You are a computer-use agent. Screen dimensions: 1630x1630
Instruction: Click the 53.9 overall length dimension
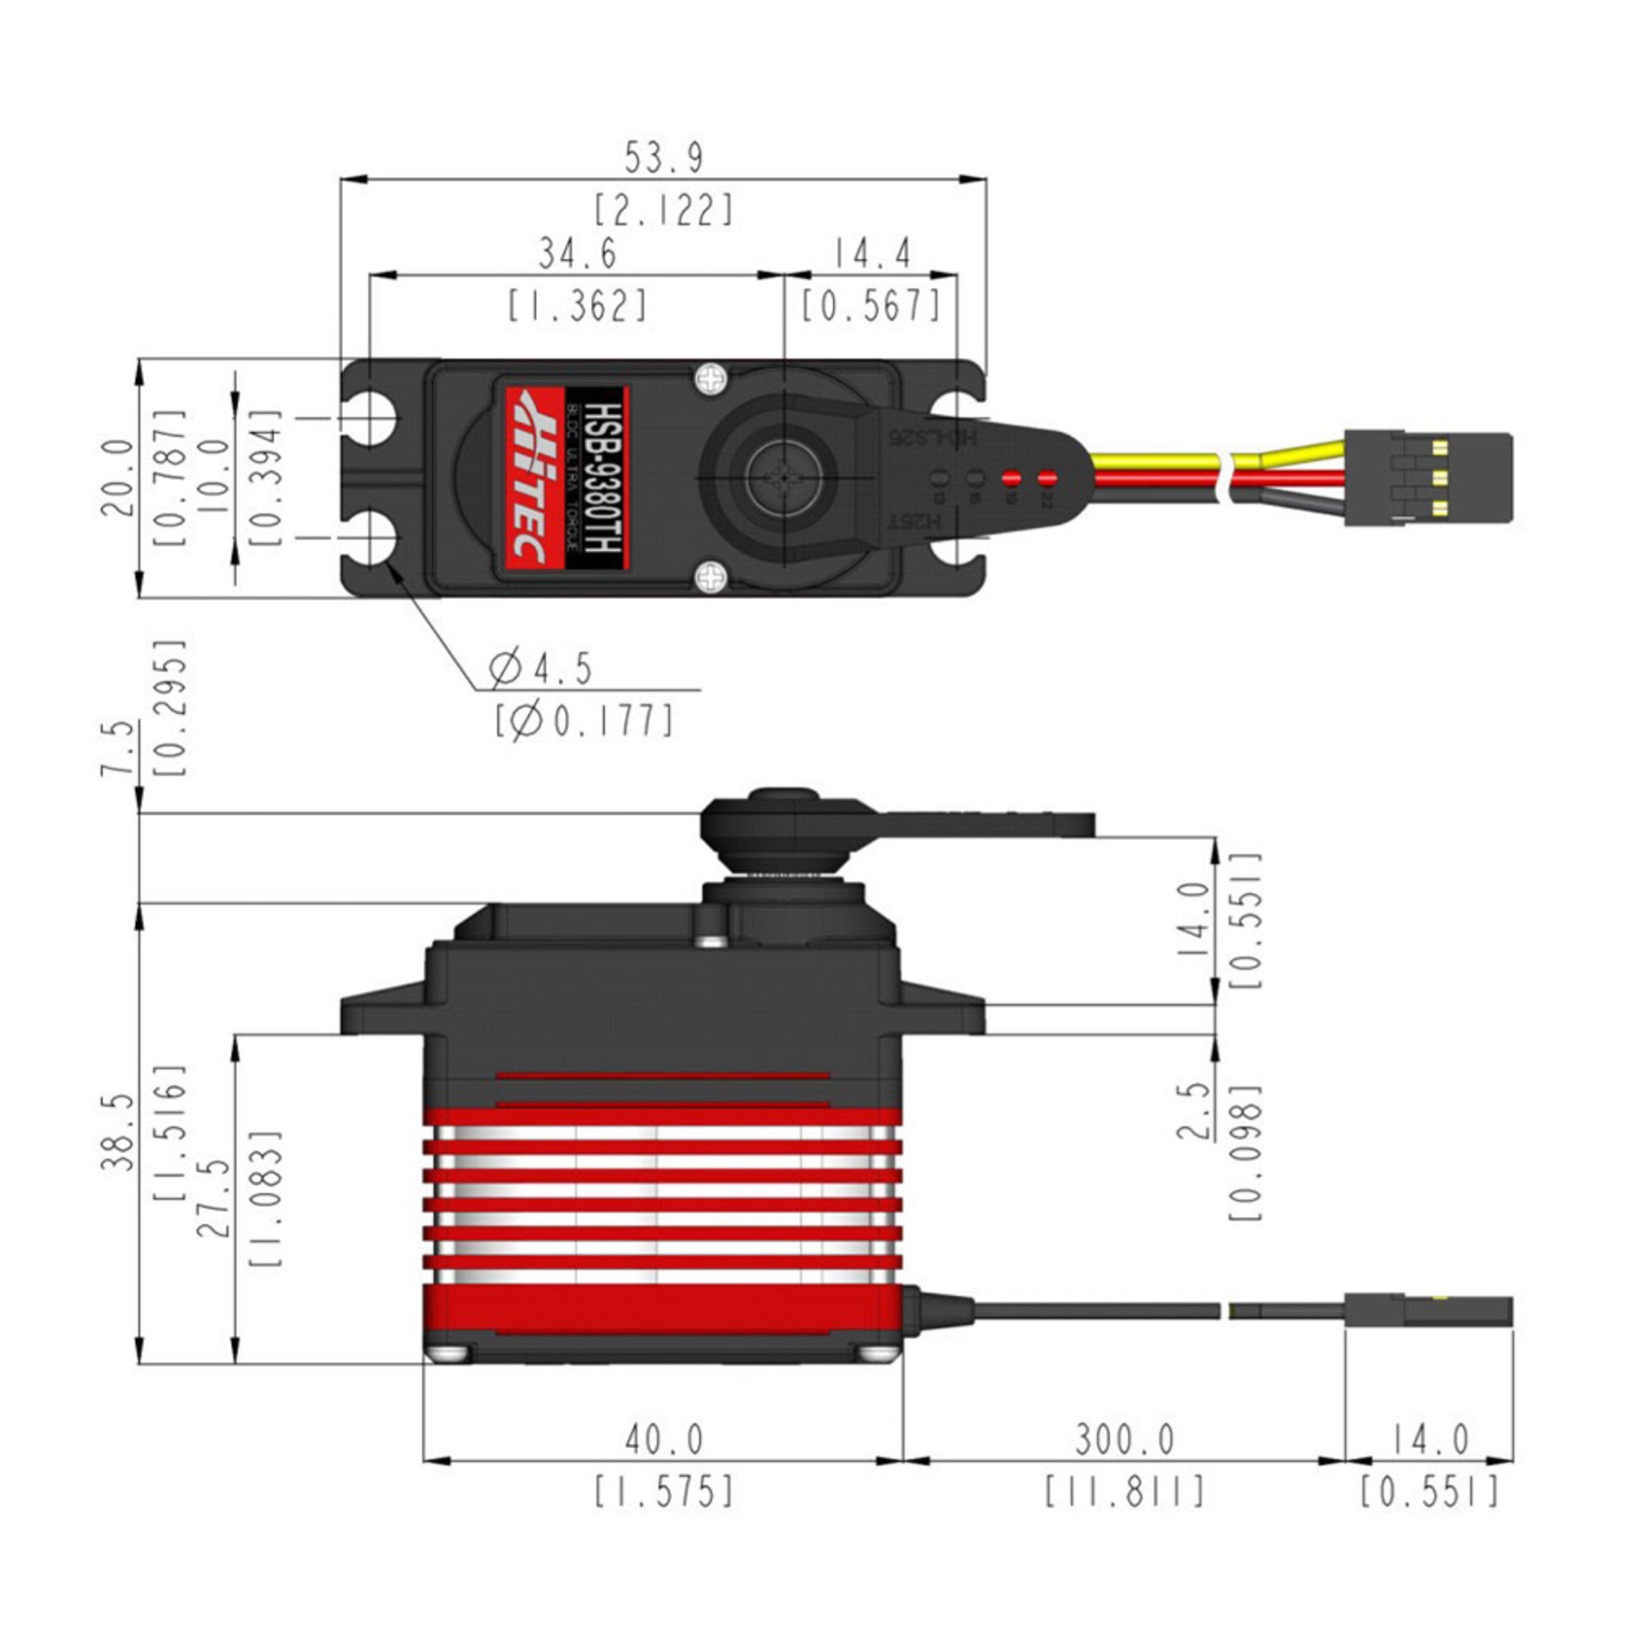pos(663,158)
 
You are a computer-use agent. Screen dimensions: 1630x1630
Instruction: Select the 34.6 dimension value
pos(578,253)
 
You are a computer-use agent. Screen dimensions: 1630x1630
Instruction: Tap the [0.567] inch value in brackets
pos(870,306)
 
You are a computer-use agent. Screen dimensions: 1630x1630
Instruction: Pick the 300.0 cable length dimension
pos(1125,1439)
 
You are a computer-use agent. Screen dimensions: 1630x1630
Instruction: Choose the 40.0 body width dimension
pos(664,1439)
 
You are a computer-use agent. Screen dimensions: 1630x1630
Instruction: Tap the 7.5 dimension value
pos(118,747)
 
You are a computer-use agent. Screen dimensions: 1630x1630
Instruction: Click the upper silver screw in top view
pos(711,379)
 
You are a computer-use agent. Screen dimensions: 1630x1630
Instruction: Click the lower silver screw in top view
pos(711,579)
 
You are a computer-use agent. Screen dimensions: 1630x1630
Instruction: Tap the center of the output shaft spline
pos(786,478)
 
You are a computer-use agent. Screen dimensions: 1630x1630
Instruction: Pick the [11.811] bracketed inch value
pos(1125,1491)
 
